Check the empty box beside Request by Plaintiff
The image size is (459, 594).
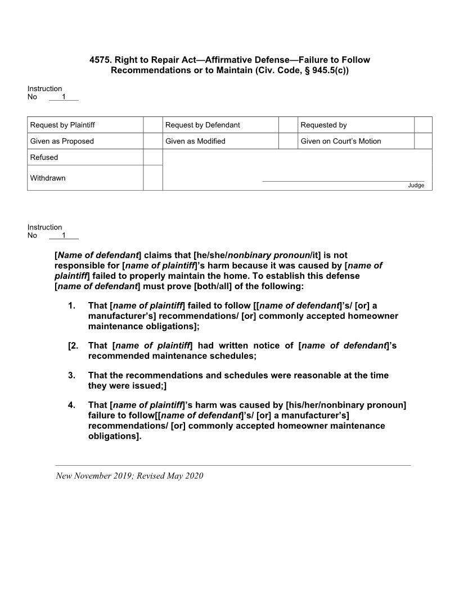[152, 125]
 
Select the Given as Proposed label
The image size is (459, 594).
[62, 141]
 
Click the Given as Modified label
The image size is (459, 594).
[195, 141]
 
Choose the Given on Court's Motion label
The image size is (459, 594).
[340, 141]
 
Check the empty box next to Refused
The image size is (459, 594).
[152, 157]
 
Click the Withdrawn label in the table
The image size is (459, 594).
[48, 178]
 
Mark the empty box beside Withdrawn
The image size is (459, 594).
[152, 178]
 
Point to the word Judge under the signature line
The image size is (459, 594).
[416, 186]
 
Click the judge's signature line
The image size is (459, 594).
[343, 181]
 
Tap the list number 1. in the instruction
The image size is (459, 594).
[71, 306]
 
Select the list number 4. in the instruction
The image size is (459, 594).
[71, 405]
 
